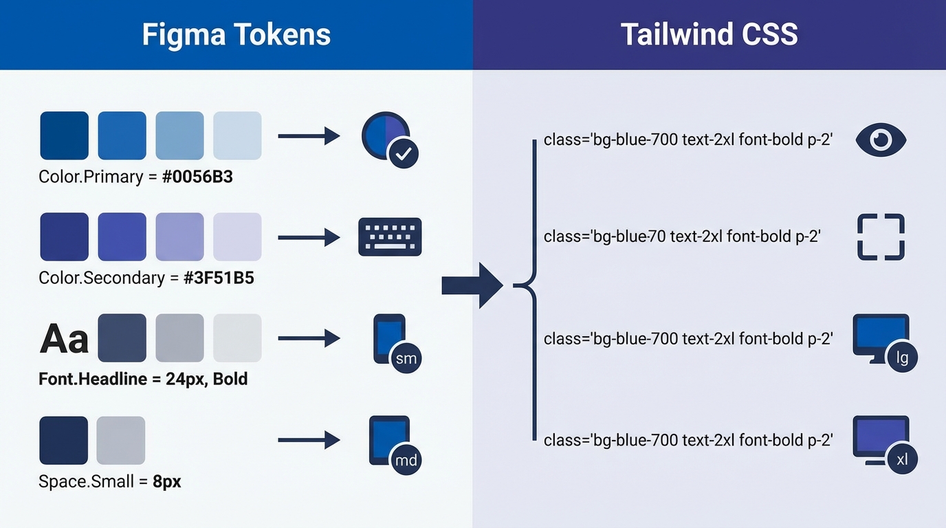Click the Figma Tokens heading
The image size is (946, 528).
[236, 34]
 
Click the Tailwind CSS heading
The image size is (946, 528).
[709, 34]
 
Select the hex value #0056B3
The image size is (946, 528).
[197, 177]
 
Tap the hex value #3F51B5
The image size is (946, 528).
[219, 278]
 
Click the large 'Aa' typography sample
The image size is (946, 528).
[65, 339]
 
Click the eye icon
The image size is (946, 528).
[881, 140]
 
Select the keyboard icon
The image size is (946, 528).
[390, 237]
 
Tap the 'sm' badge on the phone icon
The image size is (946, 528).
[406, 358]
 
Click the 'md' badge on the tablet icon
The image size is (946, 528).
[406, 459]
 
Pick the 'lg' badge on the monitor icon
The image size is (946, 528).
[902, 358]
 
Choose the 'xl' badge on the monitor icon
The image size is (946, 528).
[902, 459]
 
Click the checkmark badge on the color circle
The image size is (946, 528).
[404, 154]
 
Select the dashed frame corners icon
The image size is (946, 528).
[881, 237]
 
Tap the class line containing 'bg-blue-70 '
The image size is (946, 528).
[682, 236]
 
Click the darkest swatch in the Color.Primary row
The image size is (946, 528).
[65, 135]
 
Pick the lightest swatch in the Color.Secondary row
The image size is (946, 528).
[237, 236]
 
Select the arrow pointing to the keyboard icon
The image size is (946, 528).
[309, 238]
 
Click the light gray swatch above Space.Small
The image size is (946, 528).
[121, 440]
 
